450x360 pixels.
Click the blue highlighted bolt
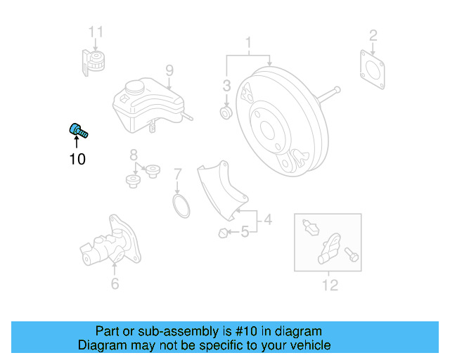[77, 130]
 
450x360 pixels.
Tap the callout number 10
[77, 160]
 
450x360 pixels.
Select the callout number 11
[96, 31]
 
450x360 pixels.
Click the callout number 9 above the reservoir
[169, 70]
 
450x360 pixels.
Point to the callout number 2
[373, 34]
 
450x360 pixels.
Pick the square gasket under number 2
[373, 68]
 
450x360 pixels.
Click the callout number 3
[226, 86]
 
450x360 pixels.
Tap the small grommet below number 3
[226, 112]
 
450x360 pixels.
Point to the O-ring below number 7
[181, 207]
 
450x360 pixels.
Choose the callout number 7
[178, 173]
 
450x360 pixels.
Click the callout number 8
[133, 155]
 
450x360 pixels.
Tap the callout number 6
[115, 284]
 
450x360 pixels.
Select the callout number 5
[245, 231]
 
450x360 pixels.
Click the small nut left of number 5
[223, 233]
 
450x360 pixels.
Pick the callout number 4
[267, 221]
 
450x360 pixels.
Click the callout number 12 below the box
[329, 285]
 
